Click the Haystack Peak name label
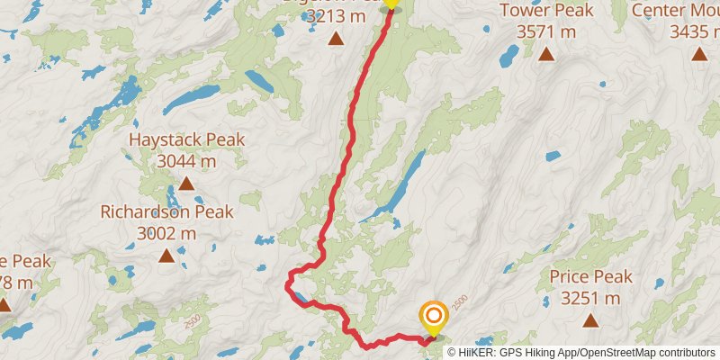(186, 140)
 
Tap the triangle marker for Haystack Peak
(186, 184)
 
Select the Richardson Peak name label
(166, 212)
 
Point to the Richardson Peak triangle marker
(166, 256)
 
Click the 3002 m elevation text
(166, 233)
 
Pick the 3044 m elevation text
(186, 161)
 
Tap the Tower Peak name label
(546, 11)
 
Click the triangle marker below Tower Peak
(546, 54)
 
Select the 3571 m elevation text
(546, 31)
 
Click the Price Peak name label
(590, 277)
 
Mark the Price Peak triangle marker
(590, 319)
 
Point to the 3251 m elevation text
(590, 298)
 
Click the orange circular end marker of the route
(434, 316)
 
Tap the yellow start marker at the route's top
(391, 4)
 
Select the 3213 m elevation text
(336, 16)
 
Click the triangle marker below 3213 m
(336, 39)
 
